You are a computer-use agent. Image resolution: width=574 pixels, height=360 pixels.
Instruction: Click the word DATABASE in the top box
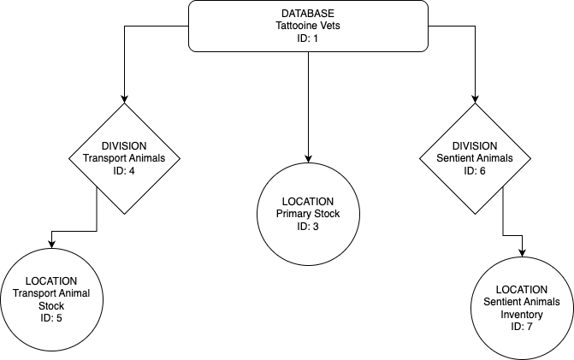point(308,15)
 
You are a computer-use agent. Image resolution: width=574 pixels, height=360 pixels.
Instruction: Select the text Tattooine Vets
point(308,27)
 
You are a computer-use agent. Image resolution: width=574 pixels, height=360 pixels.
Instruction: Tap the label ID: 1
point(308,38)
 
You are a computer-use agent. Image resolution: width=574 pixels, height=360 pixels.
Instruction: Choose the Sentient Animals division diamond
point(475,158)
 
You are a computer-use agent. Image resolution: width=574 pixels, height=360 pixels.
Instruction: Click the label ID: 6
point(475,171)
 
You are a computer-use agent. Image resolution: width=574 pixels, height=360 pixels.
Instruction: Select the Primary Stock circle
point(309,213)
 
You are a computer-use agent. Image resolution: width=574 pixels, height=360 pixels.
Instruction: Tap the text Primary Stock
point(309,214)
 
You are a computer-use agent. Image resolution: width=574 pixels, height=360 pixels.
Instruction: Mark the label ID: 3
point(309,226)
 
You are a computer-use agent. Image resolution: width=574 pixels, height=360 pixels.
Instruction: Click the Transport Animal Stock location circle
point(51,299)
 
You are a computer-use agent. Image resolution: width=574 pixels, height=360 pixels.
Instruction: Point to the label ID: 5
point(51,318)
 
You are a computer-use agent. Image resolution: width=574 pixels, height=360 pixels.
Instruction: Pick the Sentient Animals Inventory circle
point(522,308)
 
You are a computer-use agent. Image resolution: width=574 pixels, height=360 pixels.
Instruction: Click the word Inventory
point(522,314)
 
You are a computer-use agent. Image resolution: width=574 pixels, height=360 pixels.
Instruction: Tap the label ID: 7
point(522,326)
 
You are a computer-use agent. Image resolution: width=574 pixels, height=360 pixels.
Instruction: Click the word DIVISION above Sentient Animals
point(475,146)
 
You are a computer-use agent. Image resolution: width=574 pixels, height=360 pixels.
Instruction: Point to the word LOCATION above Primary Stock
point(309,202)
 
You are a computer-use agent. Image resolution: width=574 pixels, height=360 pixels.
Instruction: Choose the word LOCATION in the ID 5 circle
point(51,281)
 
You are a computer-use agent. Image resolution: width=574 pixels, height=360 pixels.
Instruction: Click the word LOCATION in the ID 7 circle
point(522,290)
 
